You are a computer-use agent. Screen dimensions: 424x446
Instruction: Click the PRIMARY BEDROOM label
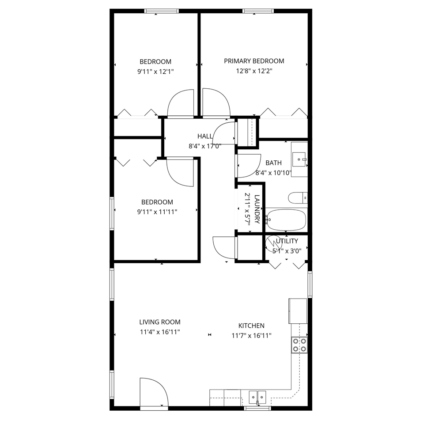pos(254,61)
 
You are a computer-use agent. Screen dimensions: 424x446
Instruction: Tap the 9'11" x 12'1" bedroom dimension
pos(155,71)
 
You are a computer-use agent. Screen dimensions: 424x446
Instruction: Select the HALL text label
pos(204,136)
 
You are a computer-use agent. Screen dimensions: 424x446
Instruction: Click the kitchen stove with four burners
pos(299,344)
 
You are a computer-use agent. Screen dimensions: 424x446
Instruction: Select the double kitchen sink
pos(257,397)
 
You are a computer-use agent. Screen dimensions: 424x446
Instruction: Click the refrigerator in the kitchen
pos(298,310)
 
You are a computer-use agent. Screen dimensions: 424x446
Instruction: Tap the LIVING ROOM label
pos(159,322)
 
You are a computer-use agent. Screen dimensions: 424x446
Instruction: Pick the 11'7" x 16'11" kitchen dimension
pos(252,335)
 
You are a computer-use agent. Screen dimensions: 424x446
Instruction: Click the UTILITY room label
pos(287,241)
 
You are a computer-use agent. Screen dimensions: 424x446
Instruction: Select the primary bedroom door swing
pos(216,102)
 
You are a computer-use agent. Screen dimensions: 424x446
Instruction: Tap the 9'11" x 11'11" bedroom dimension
pos(157,212)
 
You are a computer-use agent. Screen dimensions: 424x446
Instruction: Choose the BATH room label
pos(273,163)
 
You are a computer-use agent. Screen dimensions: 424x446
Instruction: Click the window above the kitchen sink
pos(257,408)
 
